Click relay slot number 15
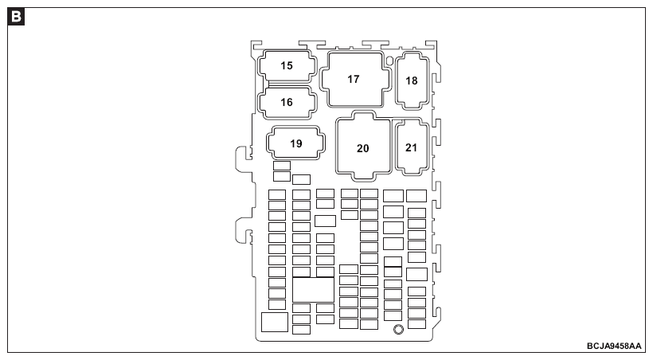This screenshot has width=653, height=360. click(287, 66)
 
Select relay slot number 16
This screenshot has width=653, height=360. click(287, 103)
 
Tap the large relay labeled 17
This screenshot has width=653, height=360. click(355, 79)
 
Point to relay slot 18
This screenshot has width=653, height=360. click(413, 80)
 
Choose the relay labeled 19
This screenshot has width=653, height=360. click(296, 143)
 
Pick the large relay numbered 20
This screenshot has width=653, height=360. click(364, 146)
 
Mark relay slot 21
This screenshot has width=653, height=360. click(412, 147)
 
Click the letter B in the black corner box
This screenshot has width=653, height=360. click(16, 17)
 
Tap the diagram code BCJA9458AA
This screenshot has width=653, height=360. click(614, 346)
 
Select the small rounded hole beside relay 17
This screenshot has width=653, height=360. click(389, 61)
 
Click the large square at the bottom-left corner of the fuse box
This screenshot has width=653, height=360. click(275, 322)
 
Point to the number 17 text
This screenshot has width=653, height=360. click(354, 79)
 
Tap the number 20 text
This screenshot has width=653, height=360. click(362, 148)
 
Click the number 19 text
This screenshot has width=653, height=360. click(296, 143)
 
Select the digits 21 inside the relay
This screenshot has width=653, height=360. click(412, 147)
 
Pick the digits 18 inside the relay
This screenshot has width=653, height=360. click(412, 80)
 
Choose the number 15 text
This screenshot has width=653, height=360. click(287, 65)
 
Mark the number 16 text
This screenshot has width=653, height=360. click(287, 102)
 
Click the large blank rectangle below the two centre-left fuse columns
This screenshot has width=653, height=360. click(313, 290)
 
